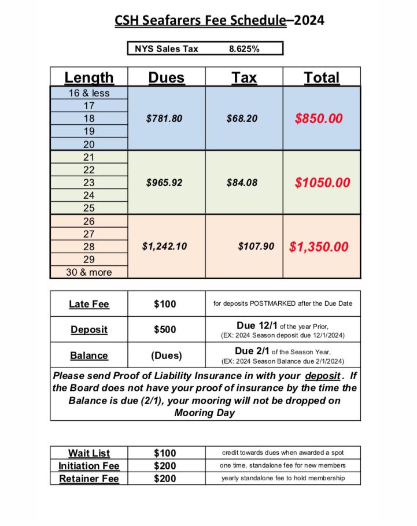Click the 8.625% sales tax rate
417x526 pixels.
point(244,49)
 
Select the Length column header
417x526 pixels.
point(88,77)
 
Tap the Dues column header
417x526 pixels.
point(166,77)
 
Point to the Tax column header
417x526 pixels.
point(244,77)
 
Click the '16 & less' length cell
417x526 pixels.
point(88,93)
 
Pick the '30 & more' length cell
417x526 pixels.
point(88,272)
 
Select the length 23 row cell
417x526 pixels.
point(88,183)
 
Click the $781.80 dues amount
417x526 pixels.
point(164,118)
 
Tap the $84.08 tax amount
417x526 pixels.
point(242,183)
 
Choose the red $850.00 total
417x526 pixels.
point(319,118)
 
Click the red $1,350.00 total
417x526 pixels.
point(319,247)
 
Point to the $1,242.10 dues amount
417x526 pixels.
point(164,246)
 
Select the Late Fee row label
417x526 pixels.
point(88,304)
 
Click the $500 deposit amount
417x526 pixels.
point(165,329)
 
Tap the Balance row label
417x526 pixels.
point(88,355)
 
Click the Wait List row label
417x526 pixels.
point(88,453)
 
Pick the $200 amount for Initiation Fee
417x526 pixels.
point(165,466)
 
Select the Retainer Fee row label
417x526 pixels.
point(88,479)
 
